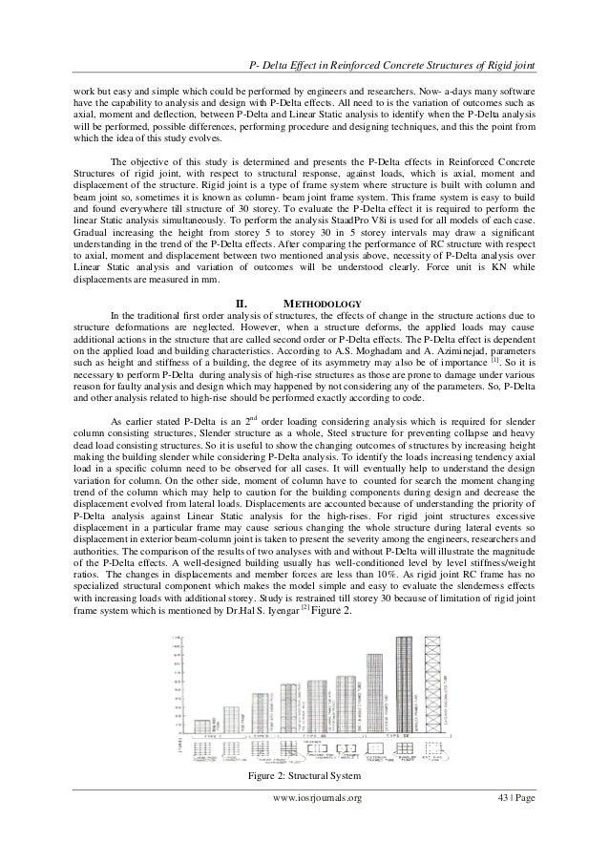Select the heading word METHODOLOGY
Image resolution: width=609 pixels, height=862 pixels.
click(x=321, y=305)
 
